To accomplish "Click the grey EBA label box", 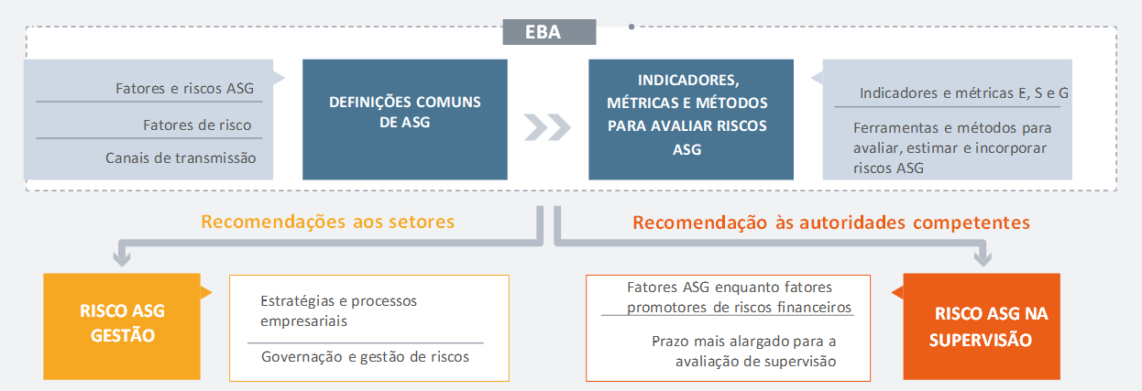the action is pyautogui.click(x=549, y=32).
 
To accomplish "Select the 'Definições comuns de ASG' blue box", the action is pyautogui.click(x=405, y=120).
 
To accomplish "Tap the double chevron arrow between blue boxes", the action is pyautogui.click(x=547, y=127).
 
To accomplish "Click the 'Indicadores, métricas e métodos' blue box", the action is pyautogui.click(x=691, y=120).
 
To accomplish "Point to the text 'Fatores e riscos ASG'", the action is pyautogui.click(x=184, y=89).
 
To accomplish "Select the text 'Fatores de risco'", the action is pyautogui.click(x=197, y=125).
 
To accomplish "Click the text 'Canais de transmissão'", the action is pyautogui.click(x=181, y=158).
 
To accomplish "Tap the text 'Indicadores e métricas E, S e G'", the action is pyautogui.click(x=963, y=93).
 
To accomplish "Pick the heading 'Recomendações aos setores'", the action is pyautogui.click(x=327, y=222).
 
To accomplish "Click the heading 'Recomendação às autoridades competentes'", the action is pyautogui.click(x=831, y=223).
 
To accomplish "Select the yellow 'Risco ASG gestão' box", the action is pyautogui.click(x=122, y=326).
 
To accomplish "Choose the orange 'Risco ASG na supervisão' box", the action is pyautogui.click(x=982, y=326).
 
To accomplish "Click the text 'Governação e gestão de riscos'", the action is pyautogui.click(x=365, y=357).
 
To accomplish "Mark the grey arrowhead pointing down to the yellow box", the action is pyautogui.click(x=122, y=258).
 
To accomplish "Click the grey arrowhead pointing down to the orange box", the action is pyautogui.click(x=983, y=258).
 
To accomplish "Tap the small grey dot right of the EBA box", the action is pyautogui.click(x=631, y=27).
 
